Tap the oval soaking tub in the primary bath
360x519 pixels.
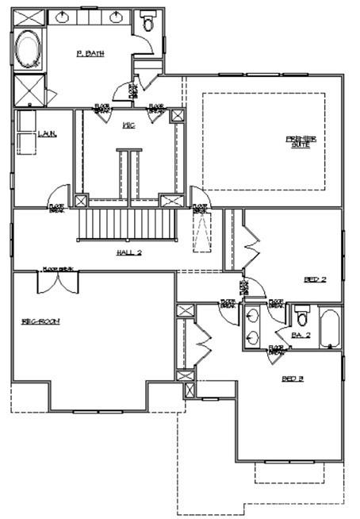pyautogui.click(x=29, y=49)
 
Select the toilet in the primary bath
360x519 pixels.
pyautogui.click(x=147, y=21)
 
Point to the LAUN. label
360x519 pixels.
pyautogui.click(x=47, y=134)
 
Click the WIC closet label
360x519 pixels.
pyautogui.click(x=128, y=125)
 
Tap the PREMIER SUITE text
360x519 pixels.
pyautogui.click(x=301, y=141)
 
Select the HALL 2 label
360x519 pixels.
pyautogui.click(x=128, y=252)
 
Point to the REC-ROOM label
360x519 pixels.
pyautogui.click(x=41, y=321)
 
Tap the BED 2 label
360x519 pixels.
pyautogui.click(x=315, y=279)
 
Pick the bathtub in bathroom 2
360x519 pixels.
pyautogui.click(x=330, y=329)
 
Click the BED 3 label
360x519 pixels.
pyautogui.click(x=293, y=379)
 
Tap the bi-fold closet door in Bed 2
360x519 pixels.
pyautogui.click(x=252, y=242)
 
